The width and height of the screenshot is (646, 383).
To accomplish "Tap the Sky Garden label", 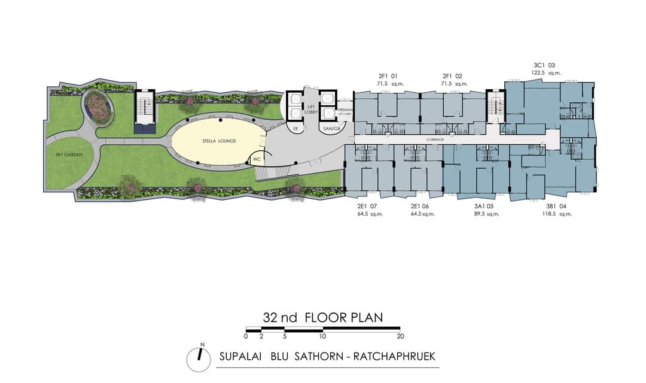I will click(65, 155).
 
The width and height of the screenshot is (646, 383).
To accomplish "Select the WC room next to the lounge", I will click(256, 160).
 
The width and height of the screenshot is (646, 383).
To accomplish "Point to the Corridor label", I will click(435, 140).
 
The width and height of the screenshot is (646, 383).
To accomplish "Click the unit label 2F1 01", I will click(388, 77).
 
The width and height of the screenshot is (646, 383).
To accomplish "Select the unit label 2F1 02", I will click(452, 77).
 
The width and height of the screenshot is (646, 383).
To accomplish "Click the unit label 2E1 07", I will click(368, 206).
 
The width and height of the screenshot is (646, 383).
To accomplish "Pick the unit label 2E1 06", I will click(422, 206).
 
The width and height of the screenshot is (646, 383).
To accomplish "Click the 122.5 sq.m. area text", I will click(545, 73).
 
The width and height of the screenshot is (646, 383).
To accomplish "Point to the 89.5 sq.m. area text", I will click(486, 214).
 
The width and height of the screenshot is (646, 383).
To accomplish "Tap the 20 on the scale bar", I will click(400, 336).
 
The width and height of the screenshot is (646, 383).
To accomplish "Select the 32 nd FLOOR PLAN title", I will click(322, 317).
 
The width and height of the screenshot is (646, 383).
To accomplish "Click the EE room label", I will click(295, 128).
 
